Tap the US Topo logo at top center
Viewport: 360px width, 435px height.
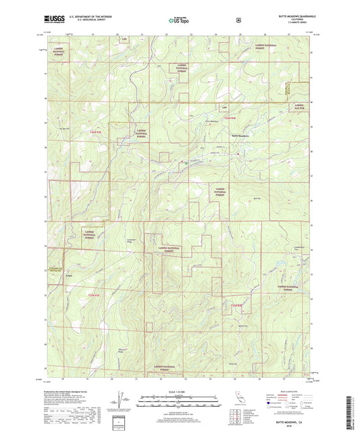click(x=179, y=21)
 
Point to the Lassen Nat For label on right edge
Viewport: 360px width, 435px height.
click(x=300, y=107)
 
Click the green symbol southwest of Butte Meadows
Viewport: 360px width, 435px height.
click(x=187, y=163)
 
